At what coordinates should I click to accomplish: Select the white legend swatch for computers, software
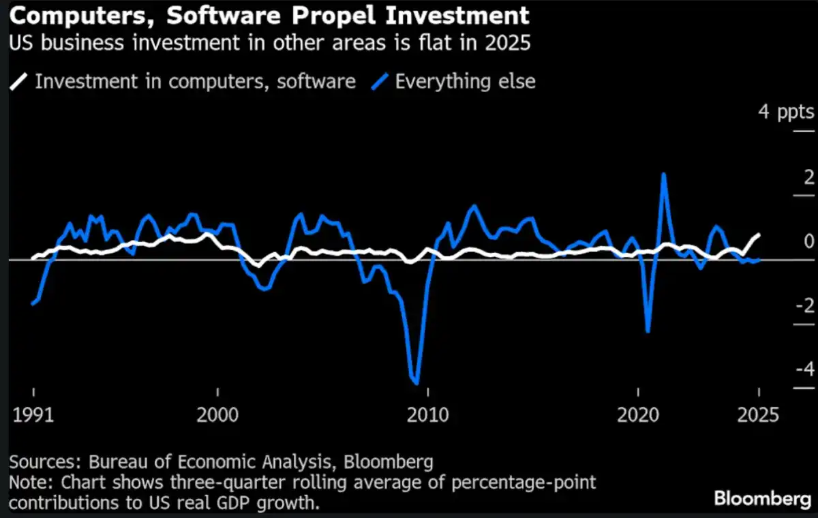click(19, 82)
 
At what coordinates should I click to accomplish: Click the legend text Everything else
click(465, 82)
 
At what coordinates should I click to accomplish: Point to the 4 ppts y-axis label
click(786, 111)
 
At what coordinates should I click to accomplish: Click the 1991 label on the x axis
click(33, 415)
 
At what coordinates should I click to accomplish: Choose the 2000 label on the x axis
click(217, 415)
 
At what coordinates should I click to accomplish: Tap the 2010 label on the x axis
click(427, 415)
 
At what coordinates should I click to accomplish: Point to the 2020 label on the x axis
click(639, 415)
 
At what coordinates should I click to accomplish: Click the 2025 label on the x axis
click(758, 415)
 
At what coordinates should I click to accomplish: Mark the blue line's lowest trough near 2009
click(416, 383)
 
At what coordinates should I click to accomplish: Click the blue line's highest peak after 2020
click(663, 174)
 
